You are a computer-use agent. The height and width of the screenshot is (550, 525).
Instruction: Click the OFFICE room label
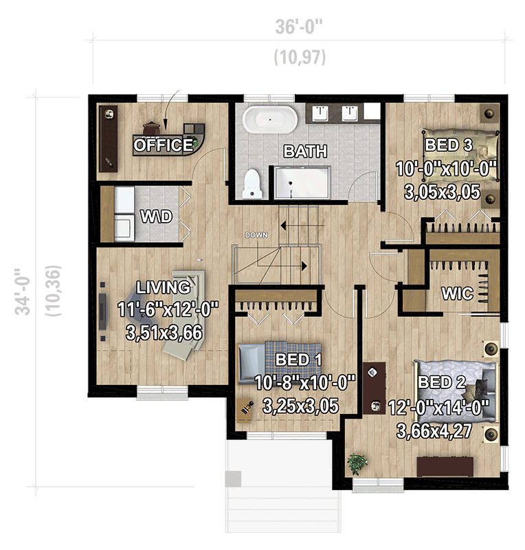(x=163, y=145)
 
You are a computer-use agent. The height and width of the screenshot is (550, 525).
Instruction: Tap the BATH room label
(x=306, y=151)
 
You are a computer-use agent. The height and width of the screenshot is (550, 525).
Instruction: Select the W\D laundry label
(x=156, y=217)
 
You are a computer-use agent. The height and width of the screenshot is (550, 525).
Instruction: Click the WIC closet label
(x=458, y=294)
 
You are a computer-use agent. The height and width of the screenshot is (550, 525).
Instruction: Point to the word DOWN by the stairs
(x=256, y=235)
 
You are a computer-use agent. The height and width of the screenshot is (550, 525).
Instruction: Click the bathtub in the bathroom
(x=270, y=120)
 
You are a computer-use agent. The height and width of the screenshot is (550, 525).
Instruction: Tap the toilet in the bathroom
(x=253, y=182)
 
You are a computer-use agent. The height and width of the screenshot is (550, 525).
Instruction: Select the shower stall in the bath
(x=302, y=183)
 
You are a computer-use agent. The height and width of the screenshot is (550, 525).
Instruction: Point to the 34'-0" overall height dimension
(x=26, y=291)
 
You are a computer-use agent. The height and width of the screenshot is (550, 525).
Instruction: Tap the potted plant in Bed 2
(x=357, y=463)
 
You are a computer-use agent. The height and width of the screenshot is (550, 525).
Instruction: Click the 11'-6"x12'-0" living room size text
(x=162, y=310)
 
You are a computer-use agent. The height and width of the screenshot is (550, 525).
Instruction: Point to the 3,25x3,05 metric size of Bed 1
(x=301, y=406)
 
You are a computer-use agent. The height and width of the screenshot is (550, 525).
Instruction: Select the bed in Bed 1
(x=279, y=361)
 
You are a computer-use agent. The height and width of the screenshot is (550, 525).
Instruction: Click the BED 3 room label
(x=449, y=145)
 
